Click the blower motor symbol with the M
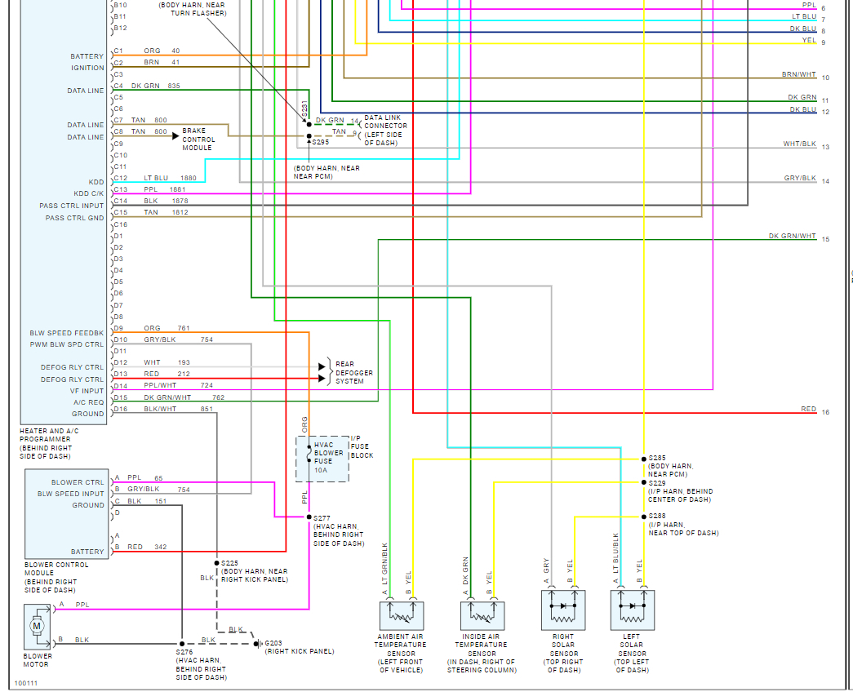click(x=36, y=626)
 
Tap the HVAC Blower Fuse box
click(x=322, y=459)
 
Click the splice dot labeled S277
click(x=309, y=517)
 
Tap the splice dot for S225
click(x=216, y=563)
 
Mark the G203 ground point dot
click(x=258, y=643)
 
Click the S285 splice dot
click(x=643, y=459)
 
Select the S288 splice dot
click(x=643, y=517)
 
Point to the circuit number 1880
click(x=188, y=178)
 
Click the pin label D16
click(x=120, y=408)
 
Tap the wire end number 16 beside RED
click(x=825, y=412)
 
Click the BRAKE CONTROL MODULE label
click(x=198, y=139)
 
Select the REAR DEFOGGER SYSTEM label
click(x=353, y=372)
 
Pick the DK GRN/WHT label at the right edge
click(x=792, y=236)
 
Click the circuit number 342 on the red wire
click(x=159, y=547)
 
